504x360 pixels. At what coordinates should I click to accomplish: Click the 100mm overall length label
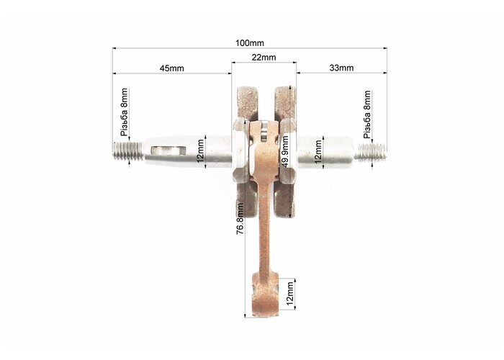click(x=250, y=42)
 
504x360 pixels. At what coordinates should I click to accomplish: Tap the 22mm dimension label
click(x=264, y=57)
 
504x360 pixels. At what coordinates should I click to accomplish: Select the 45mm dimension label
click(x=172, y=68)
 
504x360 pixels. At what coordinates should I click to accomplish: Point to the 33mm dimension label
click(x=341, y=68)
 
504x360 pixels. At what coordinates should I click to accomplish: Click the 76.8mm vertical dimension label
click(x=240, y=219)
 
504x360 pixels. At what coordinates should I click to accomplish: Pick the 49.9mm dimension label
click(x=284, y=151)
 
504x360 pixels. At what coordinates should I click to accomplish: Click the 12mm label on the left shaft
click(x=201, y=151)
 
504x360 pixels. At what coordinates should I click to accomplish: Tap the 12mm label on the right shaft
click(x=318, y=151)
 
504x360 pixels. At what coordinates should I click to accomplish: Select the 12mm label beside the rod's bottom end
click(x=289, y=294)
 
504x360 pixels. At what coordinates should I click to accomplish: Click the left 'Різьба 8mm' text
click(x=124, y=112)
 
